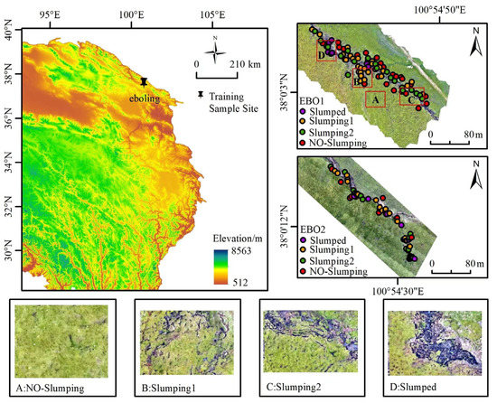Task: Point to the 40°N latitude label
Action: pos(9,34)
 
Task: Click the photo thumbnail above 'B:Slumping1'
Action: pos(185,336)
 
